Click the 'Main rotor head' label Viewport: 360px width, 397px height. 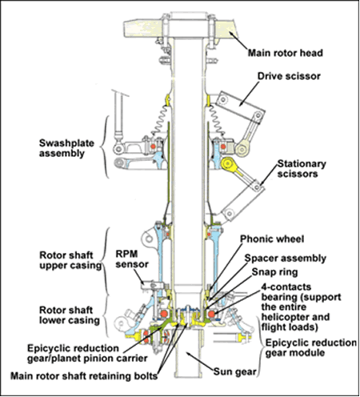[286, 53]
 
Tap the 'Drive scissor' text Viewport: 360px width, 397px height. [289, 76]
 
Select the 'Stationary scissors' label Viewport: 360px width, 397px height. [302, 169]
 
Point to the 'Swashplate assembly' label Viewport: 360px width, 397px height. [66, 148]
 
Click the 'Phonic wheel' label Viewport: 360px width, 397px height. [272, 239]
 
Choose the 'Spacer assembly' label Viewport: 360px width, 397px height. [286, 259]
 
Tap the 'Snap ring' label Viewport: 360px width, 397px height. [274, 272]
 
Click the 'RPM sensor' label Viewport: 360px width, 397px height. [132, 259]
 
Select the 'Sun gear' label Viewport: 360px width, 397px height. [234, 371]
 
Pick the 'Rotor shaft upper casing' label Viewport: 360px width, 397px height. [70, 260]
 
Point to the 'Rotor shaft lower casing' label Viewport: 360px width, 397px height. [70, 315]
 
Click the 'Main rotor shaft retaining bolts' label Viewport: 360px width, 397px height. [84, 376]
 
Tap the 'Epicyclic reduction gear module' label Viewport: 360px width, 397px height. [311, 347]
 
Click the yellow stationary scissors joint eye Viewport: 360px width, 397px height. [227, 163]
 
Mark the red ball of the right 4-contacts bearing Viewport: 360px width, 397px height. [211, 314]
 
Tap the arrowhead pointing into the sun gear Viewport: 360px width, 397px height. [188, 354]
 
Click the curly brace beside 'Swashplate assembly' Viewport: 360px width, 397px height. [105, 146]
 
